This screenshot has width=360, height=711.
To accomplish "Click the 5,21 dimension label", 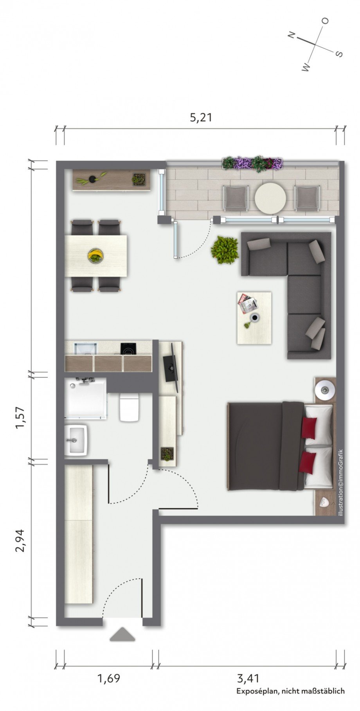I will tap(201, 117).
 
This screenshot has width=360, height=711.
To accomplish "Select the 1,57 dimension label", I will tap(20, 418).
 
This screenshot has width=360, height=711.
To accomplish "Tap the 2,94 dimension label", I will tap(20, 540).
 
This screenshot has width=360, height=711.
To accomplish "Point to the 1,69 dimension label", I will tap(108, 678).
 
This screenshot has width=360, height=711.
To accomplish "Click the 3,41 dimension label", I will tap(248, 678).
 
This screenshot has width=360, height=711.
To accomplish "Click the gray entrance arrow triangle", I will tap(122, 634).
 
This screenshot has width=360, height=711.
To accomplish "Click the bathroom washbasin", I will tap(76, 440).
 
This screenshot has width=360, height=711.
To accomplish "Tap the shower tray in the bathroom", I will tap(85, 398).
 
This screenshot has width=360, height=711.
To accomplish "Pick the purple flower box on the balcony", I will tap(252, 163).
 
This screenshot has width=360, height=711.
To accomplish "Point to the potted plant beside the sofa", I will tap(225, 250).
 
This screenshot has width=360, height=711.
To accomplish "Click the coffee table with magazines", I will tap(254, 318).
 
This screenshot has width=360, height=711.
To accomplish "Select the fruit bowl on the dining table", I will tap(96, 256).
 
